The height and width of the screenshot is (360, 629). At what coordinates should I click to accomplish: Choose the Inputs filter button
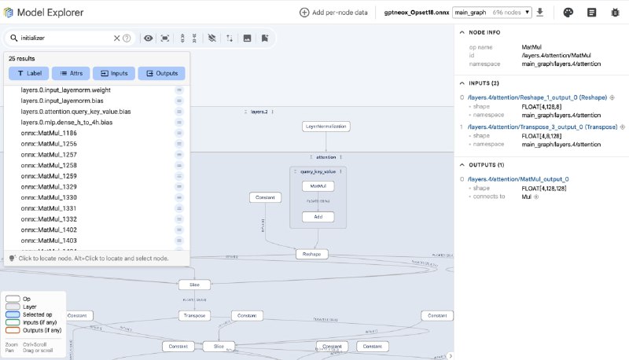(x=114, y=73)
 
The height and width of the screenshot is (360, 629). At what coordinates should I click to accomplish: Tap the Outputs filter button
(x=161, y=73)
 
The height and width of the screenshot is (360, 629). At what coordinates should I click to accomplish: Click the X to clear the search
(x=116, y=38)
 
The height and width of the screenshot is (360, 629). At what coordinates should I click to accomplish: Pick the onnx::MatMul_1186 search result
(x=49, y=133)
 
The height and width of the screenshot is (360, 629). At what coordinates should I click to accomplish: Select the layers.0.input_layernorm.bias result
(x=61, y=101)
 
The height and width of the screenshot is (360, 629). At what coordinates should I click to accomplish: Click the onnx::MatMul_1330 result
(x=49, y=197)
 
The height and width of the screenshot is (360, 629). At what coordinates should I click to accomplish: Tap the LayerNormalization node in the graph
(x=326, y=126)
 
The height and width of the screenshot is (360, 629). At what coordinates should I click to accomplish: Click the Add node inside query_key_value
(x=318, y=216)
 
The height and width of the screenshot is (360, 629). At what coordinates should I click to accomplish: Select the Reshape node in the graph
(x=312, y=254)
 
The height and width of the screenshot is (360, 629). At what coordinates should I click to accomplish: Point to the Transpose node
(x=194, y=315)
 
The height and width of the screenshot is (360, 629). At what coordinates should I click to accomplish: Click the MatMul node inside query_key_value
(x=318, y=186)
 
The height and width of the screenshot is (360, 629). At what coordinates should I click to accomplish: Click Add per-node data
(x=333, y=13)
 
